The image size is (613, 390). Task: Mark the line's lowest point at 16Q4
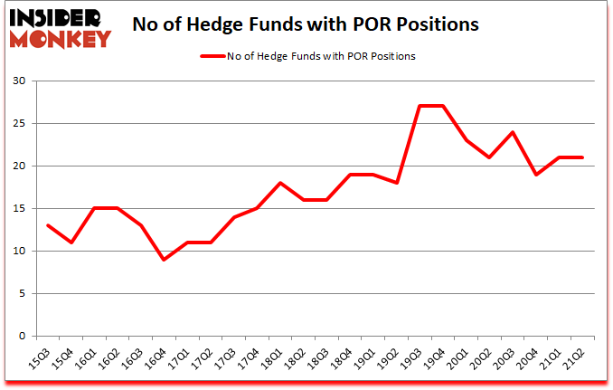pos(164,260)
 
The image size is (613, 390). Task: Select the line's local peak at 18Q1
pos(281,183)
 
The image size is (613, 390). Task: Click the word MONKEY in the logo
pos(59,38)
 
